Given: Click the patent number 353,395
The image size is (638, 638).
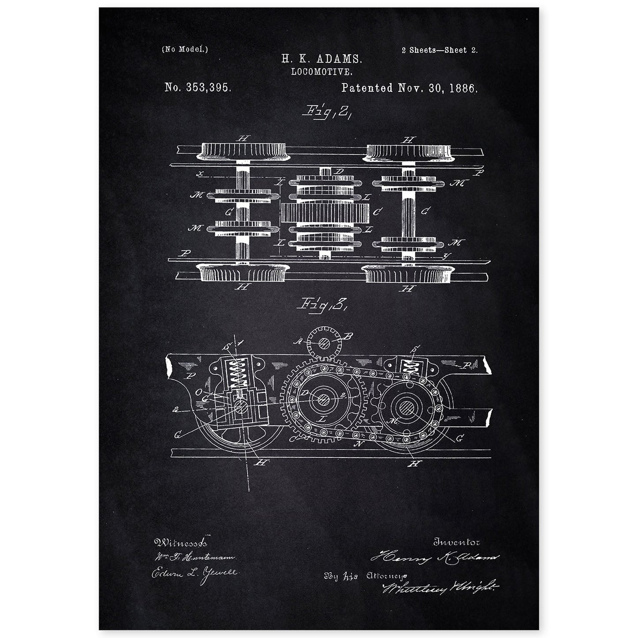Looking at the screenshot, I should pyautogui.click(x=197, y=87).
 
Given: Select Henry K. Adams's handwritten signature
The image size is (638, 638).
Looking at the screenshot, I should pyautogui.click(x=434, y=559).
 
